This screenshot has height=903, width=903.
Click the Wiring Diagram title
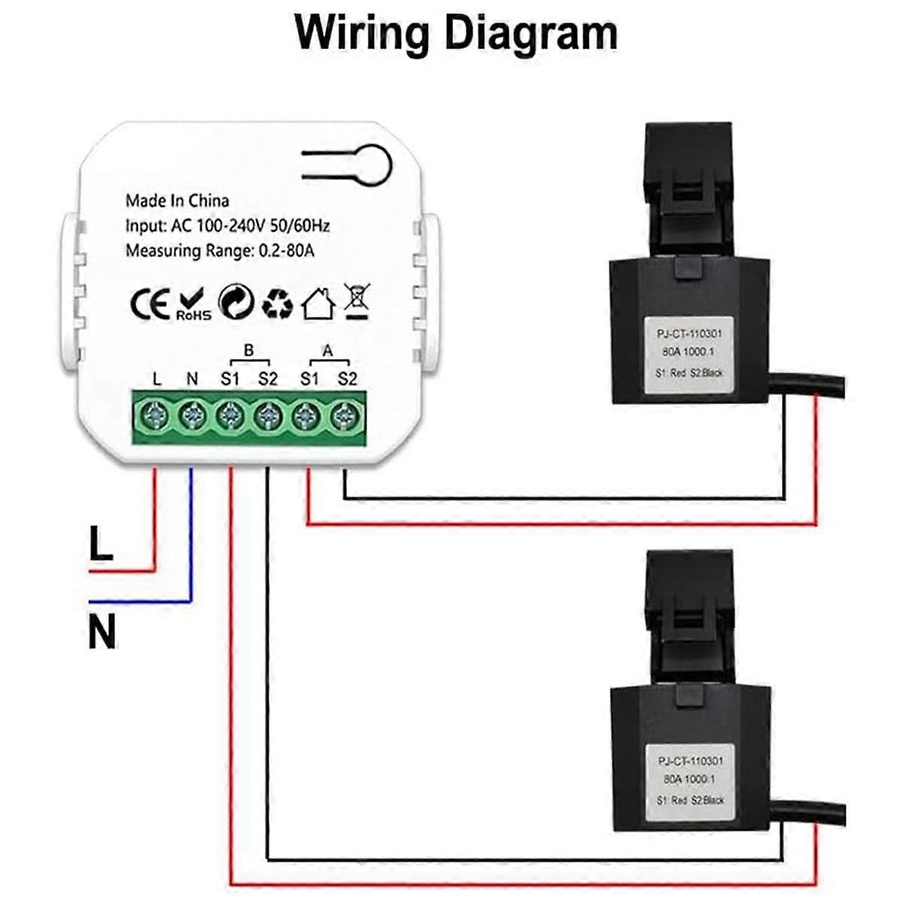[456, 34]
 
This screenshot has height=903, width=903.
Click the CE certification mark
[150, 304]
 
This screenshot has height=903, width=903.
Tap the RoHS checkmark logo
[193, 304]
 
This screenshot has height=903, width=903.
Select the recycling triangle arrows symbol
[277, 304]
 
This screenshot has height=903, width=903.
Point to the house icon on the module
[318, 304]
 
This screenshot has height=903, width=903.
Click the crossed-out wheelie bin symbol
[357, 302]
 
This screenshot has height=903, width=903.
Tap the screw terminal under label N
[193, 415]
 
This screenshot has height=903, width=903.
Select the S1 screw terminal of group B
[230, 415]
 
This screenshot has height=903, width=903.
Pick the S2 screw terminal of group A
[345, 415]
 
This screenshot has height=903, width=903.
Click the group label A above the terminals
[327, 351]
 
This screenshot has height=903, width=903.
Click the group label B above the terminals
[249, 351]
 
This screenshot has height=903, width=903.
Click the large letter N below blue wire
[102, 632]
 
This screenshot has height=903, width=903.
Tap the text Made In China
[177, 201]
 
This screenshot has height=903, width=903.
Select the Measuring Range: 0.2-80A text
[220, 251]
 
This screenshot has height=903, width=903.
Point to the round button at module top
[373, 165]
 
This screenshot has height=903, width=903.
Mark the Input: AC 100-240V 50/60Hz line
[227, 226]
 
